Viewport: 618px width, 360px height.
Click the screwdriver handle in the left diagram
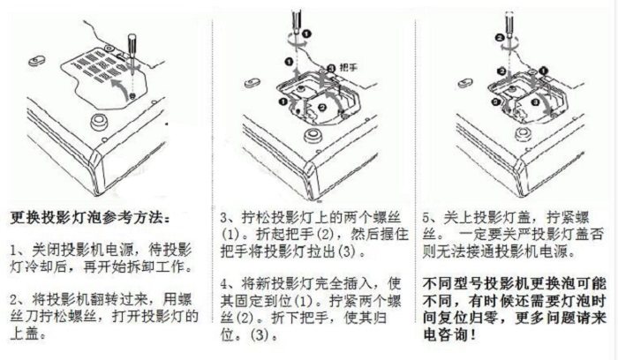[x=132, y=43]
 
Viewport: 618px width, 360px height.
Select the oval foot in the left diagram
[x=37, y=61]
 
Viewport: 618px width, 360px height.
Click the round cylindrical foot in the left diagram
[x=99, y=121]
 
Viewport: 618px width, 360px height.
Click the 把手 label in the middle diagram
[x=348, y=67]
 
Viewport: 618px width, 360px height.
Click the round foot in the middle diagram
[x=313, y=136]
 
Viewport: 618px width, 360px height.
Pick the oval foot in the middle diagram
[x=252, y=83]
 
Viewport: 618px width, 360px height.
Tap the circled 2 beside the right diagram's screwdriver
[x=500, y=38]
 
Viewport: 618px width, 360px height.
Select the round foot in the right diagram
[x=524, y=134]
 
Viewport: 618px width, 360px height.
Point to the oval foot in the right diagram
[x=466, y=83]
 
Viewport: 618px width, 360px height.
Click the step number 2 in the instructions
[x=14, y=301]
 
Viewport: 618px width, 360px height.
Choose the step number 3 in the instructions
[x=224, y=218]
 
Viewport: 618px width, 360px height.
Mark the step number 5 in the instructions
[x=427, y=217]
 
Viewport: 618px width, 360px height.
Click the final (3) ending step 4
[x=260, y=335]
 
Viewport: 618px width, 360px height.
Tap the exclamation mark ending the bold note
[x=472, y=335]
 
